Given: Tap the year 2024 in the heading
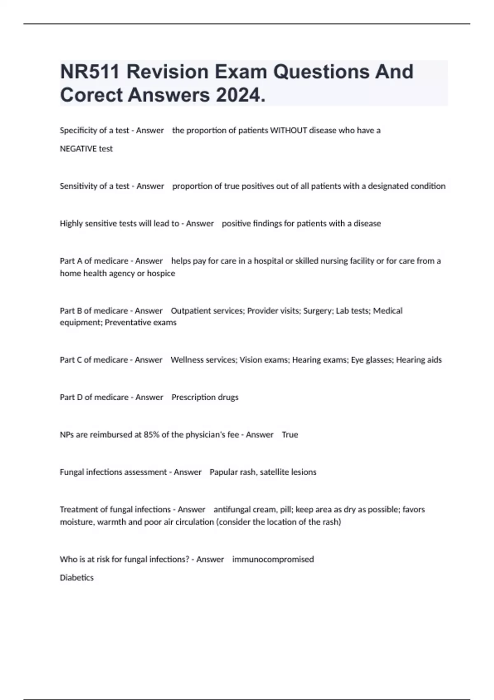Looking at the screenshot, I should pos(240,95).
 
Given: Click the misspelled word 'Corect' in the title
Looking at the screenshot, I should pos(91,95).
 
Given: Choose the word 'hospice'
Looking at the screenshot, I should pos(161,273).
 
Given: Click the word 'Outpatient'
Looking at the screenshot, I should pos(191,311).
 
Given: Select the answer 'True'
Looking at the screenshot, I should pos(290,435).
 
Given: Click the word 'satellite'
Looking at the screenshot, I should pos(274,472).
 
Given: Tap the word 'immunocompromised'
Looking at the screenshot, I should pos(273,560).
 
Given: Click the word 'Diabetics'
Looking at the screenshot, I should pos(77,578).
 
